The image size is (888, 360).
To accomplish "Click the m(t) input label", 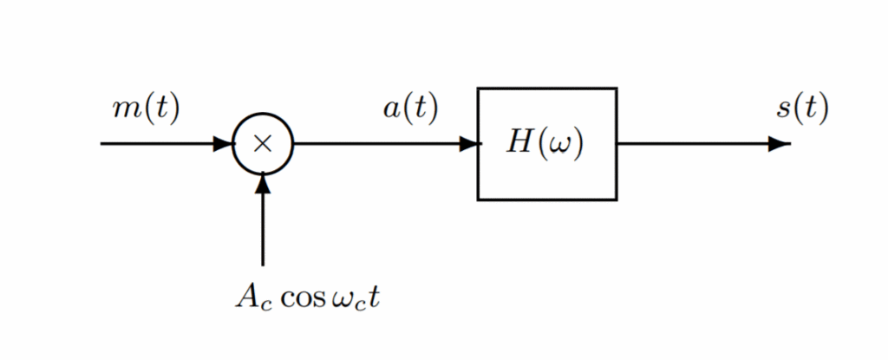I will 146,109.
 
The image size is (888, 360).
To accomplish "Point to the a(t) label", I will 410,109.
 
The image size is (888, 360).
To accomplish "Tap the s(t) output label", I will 802,109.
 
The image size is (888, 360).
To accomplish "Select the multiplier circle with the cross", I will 263,144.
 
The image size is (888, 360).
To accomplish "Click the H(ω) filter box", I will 546,144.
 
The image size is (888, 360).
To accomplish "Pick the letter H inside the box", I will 520,143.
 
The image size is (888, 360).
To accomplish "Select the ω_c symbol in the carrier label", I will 351,299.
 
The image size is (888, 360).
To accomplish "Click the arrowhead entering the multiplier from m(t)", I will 224,144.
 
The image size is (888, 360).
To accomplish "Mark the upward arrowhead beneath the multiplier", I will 263,183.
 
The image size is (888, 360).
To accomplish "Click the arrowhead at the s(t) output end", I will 780,144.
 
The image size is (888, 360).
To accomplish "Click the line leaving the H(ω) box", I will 694,144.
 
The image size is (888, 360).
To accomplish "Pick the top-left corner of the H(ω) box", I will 478,88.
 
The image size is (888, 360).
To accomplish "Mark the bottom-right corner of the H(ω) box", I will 617,200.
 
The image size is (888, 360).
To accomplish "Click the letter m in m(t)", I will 123,110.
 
